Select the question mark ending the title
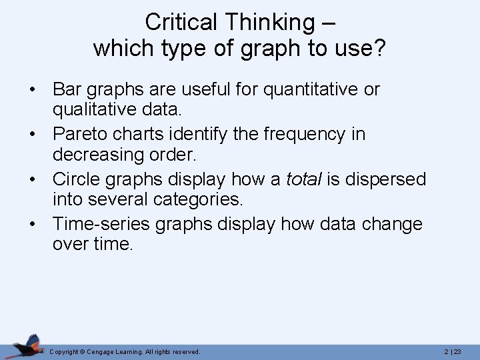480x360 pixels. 380,48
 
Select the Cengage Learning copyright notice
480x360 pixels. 125,351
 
